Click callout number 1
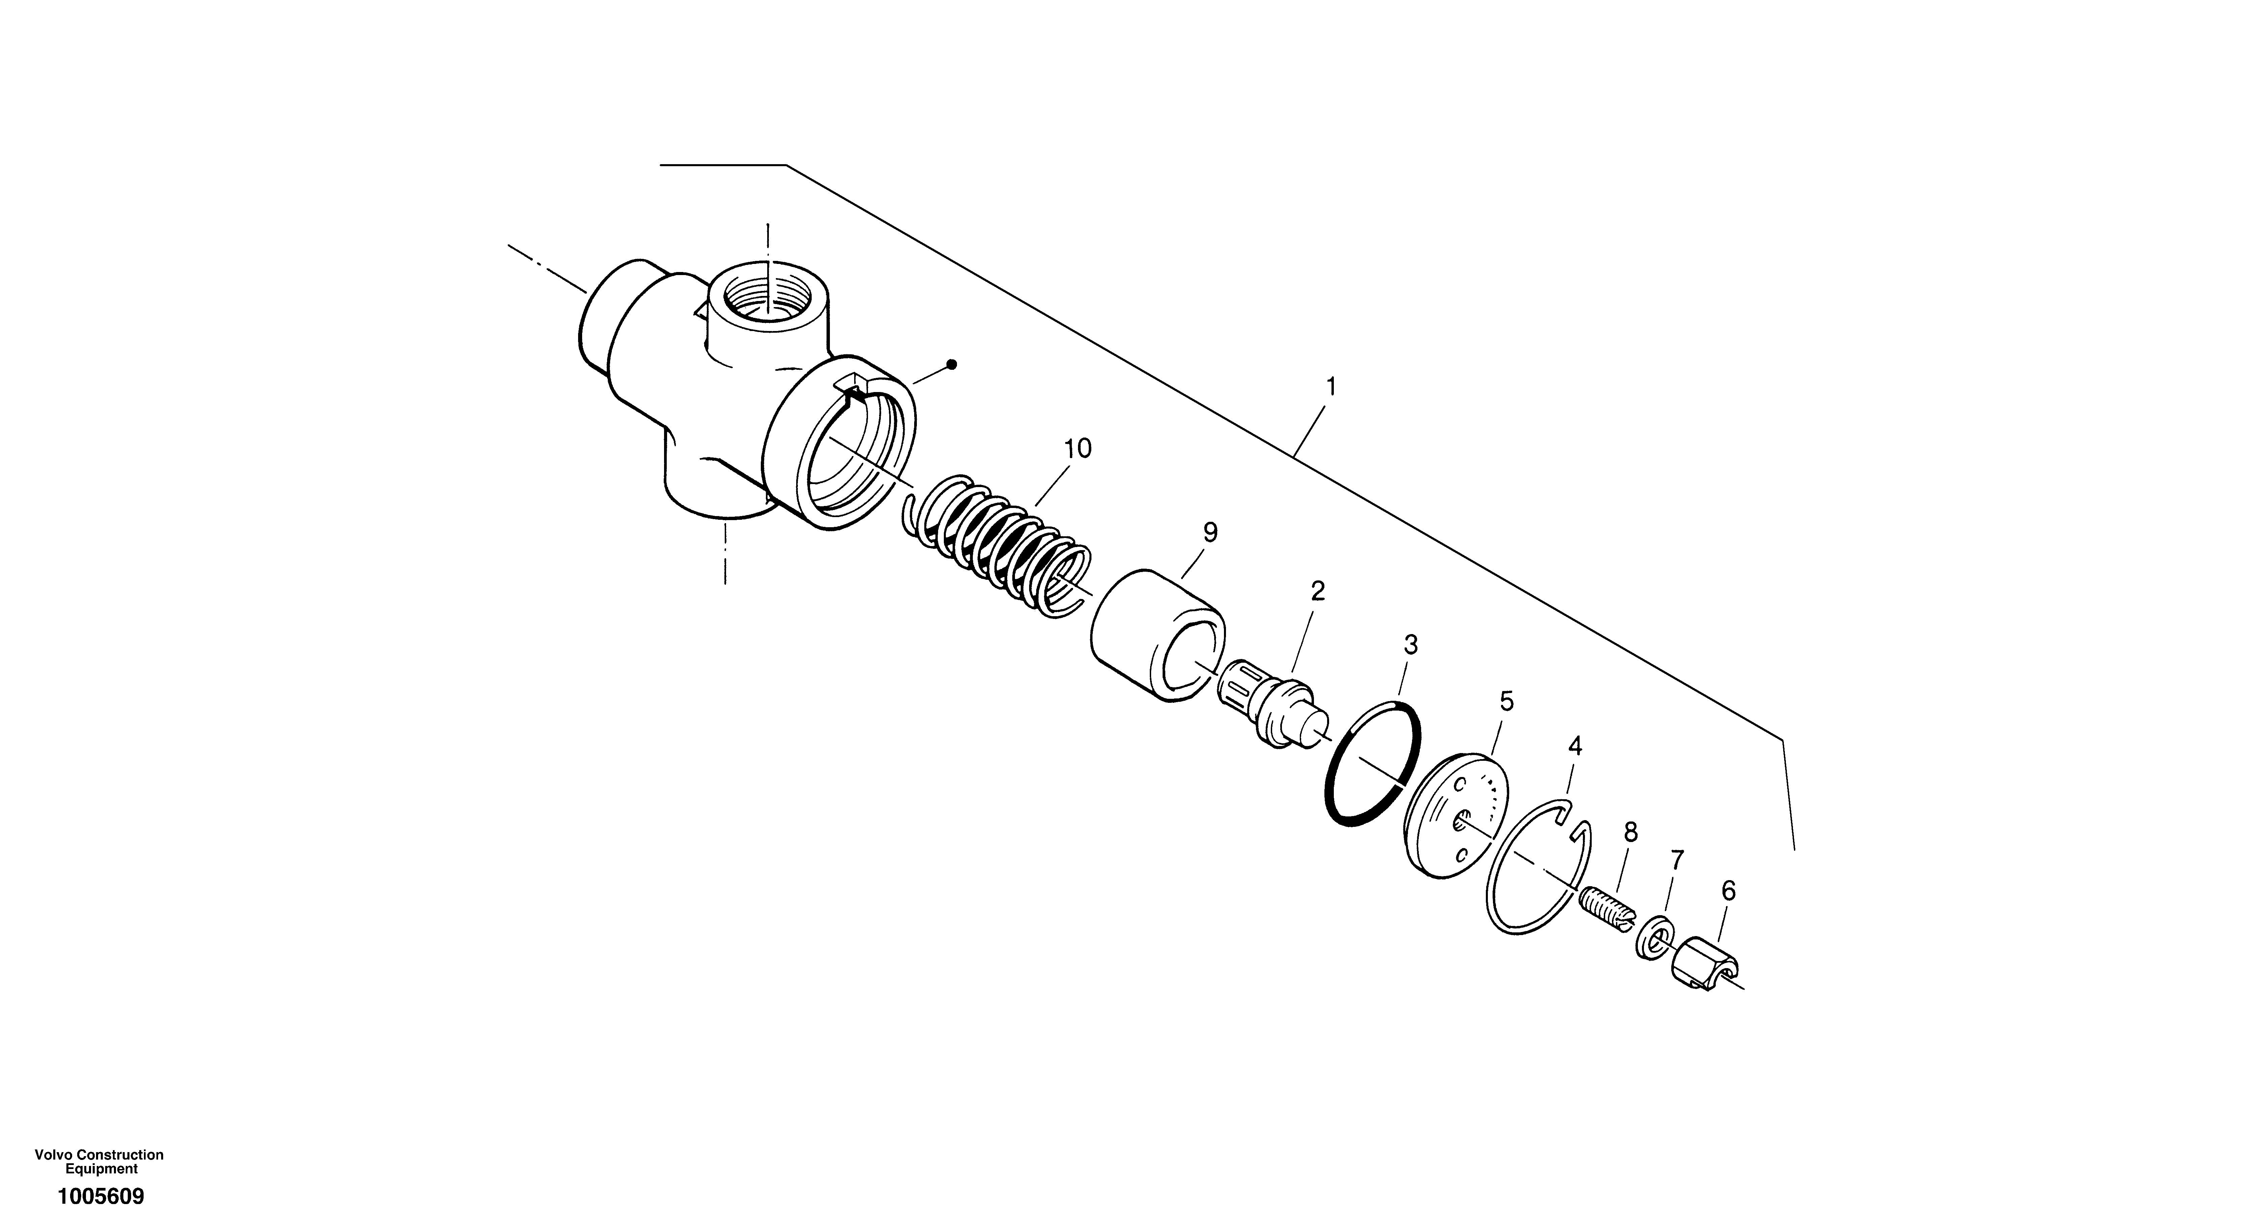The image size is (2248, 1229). pos(1331,387)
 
